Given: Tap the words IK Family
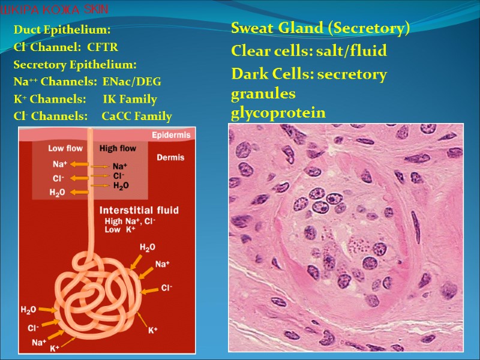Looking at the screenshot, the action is coord(130,99).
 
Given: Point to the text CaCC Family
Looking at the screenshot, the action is coord(137,116).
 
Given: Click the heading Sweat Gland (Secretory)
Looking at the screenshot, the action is coord(320,28).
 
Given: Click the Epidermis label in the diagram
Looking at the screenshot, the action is coord(170,135).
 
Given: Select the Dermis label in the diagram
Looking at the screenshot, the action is coord(170,158).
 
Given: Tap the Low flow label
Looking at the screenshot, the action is coord(65,148).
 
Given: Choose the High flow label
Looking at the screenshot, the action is coord(118,148).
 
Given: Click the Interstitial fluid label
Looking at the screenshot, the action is coord(139,210).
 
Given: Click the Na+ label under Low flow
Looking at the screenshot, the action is coord(59,164).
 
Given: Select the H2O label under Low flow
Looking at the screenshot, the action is coord(58,193).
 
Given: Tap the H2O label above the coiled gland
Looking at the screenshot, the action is coord(148,247).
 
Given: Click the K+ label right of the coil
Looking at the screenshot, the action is coord(153,330).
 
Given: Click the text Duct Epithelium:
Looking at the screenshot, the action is coord(62,29).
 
